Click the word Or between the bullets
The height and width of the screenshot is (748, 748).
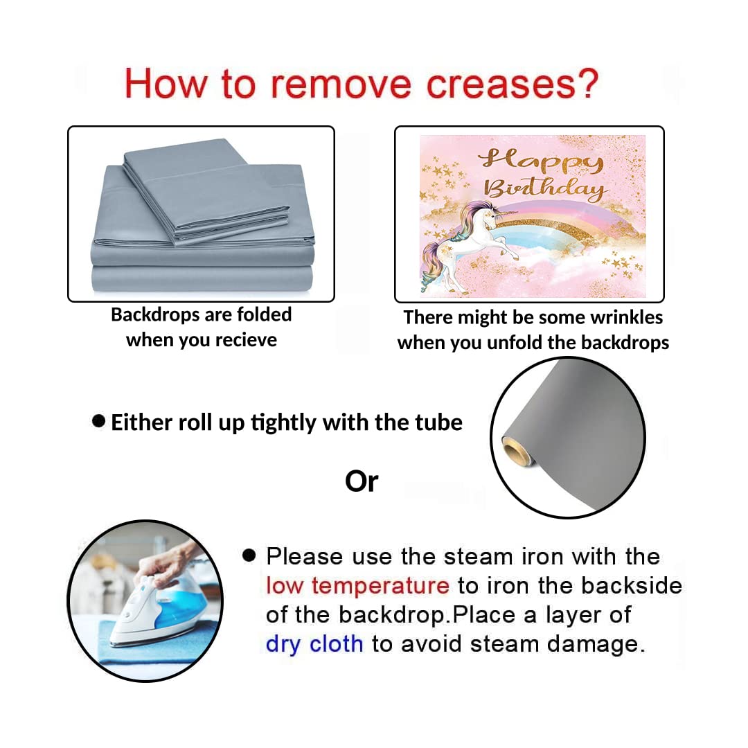click(x=362, y=481)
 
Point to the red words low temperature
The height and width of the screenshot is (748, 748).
click(x=357, y=585)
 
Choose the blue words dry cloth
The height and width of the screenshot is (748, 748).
click(x=314, y=644)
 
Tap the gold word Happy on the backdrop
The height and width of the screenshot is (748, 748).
click(x=541, y=161)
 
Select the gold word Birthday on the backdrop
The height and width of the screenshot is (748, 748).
click(x=546, y=189)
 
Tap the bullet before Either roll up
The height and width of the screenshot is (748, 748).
click(x=98, y=421)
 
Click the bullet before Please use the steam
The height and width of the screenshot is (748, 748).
click(x=249, y=555)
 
